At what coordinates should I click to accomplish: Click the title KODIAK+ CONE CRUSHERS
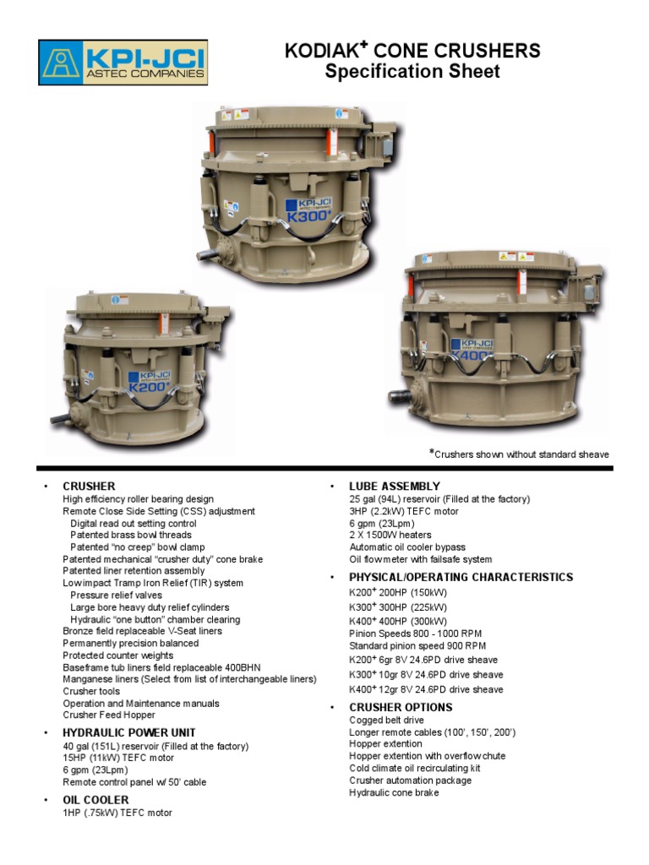click(x=412, y=52)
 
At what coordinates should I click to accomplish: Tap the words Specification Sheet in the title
click(x=412, y=72)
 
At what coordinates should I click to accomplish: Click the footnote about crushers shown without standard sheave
click(x=519, y=454)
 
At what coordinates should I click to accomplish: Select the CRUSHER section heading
click(x=89, y=487)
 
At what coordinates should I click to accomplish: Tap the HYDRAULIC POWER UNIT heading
click(x=129, y=732)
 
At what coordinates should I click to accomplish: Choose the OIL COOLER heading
click(x=95, y=800)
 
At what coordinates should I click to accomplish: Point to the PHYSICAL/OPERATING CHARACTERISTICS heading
click(x=461, y=577)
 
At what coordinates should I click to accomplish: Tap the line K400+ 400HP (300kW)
click(x=398, y=620)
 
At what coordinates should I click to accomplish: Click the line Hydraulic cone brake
click(x=394, y=792)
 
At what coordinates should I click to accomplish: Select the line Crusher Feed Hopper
click(x=109, y=715)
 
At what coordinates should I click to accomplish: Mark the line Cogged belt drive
click(x=386, y=721)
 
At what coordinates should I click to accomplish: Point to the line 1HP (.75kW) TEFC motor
click(x=117, y=813)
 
